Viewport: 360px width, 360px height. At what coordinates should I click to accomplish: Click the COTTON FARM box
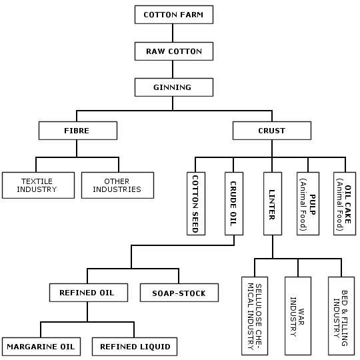174,15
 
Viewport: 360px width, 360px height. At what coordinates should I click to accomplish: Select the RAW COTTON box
174,51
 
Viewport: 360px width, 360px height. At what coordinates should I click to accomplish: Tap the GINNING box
174,87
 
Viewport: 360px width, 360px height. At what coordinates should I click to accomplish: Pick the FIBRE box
78,131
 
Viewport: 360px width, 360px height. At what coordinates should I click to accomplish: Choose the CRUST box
272,131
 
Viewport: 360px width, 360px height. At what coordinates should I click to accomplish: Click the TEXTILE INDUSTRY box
39,185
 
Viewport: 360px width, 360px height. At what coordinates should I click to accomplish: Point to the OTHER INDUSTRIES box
117,185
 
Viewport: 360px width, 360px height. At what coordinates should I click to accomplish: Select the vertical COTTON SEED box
196,203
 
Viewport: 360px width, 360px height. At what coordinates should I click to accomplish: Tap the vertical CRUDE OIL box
234,203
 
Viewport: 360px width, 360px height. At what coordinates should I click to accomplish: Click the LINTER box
273,203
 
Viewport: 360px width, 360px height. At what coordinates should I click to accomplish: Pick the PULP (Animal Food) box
308,203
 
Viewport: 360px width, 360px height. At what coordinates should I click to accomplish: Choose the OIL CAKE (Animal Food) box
345,203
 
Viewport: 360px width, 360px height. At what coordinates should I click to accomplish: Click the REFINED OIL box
89,293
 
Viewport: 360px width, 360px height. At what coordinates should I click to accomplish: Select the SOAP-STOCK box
179,293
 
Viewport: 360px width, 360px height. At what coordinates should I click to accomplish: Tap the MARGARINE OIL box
41,347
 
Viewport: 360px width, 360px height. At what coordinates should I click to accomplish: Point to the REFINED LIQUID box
135,347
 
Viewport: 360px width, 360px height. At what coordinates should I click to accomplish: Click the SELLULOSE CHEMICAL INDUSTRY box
255,316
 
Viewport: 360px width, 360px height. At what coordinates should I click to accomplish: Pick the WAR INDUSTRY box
298,316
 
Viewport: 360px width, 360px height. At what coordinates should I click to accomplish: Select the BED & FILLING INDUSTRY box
341,316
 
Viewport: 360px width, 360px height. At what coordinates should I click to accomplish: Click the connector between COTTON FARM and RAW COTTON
173,33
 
